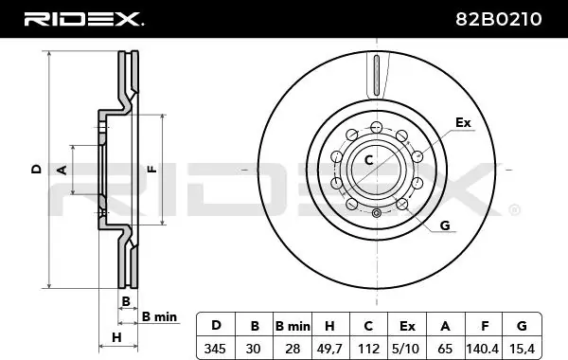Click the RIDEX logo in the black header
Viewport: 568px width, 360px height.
84,19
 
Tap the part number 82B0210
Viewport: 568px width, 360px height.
499,19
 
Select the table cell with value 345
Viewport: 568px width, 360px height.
215,349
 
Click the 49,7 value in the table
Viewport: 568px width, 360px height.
329,349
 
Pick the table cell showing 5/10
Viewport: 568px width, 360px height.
406,349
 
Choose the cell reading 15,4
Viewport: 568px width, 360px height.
522,349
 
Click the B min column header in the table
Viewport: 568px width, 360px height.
293,326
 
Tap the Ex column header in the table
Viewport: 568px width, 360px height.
407,326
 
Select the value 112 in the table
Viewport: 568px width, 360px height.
368,349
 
